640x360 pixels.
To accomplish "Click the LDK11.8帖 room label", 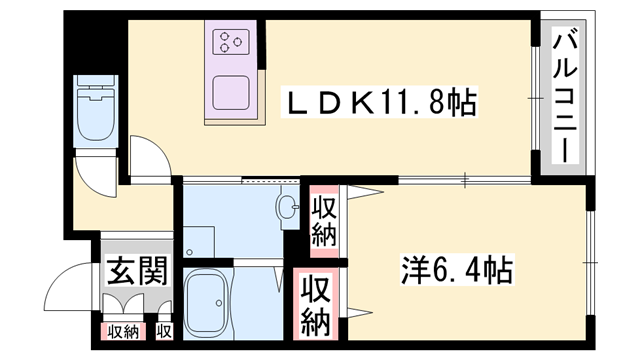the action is [x=380, y=101].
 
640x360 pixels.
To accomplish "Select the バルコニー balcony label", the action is [x=562, y=98].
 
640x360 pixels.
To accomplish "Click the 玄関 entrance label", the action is [x=132, y=270].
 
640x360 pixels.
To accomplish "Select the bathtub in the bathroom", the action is [x=211, y=304].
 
